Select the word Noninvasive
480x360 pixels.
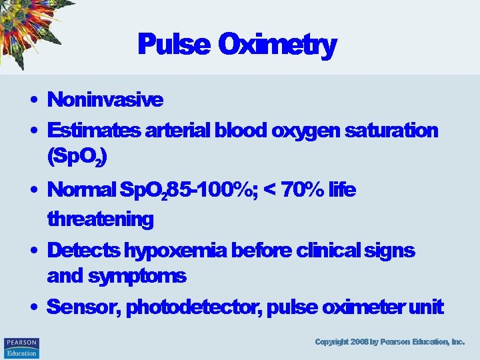point(105,100)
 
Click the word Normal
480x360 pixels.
point(81,191)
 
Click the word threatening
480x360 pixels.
point(100,219)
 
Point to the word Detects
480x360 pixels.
point(83,251)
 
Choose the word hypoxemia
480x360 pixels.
point(175,251)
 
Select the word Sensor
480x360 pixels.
point(83,307)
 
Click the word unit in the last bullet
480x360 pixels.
point(427,307)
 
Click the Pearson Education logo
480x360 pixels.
point(21,347)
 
